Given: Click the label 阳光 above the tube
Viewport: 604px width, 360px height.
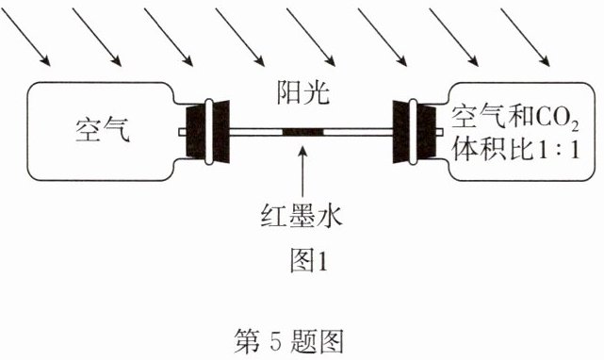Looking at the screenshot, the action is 303,93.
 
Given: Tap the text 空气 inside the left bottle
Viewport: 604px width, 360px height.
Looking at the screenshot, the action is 103,130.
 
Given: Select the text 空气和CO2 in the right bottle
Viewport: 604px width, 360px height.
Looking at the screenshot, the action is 515,117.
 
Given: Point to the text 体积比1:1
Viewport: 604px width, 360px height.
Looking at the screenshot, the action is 515,148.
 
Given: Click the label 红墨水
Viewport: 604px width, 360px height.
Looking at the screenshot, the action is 302,216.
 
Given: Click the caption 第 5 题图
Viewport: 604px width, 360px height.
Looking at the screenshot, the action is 288,341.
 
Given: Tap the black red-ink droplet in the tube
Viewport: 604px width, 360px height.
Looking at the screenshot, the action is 302,132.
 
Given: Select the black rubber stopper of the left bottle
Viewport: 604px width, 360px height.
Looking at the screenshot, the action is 208,132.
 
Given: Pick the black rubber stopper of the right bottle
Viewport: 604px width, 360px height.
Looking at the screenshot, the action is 415,132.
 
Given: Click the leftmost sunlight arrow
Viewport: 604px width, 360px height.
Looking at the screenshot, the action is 25,37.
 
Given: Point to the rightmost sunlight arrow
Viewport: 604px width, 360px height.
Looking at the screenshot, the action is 525,37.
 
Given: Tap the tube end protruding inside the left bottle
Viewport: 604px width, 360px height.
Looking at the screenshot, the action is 183,132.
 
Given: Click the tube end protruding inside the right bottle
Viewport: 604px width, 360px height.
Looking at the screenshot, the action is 439,132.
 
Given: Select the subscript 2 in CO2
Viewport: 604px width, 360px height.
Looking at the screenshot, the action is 575,125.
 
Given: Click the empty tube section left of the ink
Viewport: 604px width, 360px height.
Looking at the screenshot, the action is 256,132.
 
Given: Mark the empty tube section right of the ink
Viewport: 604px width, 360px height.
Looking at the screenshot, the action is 358,132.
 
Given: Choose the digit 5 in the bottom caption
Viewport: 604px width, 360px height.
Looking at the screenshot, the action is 275,341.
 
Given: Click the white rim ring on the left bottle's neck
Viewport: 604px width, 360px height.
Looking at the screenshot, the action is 209,132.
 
